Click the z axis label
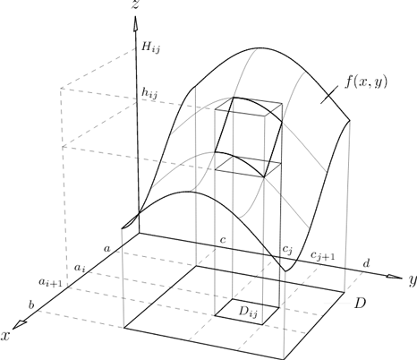135,4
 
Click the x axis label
5,336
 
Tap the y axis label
413,280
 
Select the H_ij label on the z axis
150,47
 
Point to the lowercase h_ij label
149,93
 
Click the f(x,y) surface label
366,81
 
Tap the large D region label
360,304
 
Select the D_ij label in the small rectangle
248,313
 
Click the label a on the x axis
106,248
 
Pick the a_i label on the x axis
80,268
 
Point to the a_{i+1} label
50,282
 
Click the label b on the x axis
31,304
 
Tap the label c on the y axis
223,240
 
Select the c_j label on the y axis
287,250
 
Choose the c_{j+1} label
323,256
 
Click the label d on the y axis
367,263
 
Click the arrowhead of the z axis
136,23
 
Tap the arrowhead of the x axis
20,324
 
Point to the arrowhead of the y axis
394,277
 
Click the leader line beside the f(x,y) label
329,95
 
